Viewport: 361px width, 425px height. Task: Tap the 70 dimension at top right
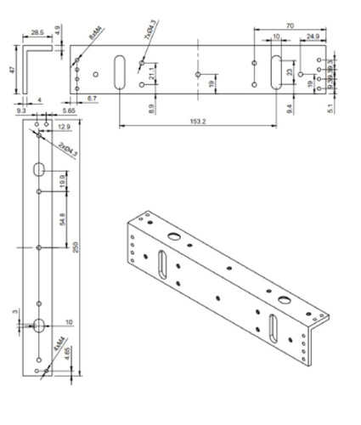290,28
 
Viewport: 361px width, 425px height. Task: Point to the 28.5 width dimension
37,31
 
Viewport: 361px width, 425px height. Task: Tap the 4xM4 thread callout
58,346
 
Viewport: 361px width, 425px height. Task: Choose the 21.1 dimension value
151,77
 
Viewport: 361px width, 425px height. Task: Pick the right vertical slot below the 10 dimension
277,71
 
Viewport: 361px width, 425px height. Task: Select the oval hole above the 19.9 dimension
40,169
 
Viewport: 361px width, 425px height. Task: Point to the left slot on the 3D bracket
161,264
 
